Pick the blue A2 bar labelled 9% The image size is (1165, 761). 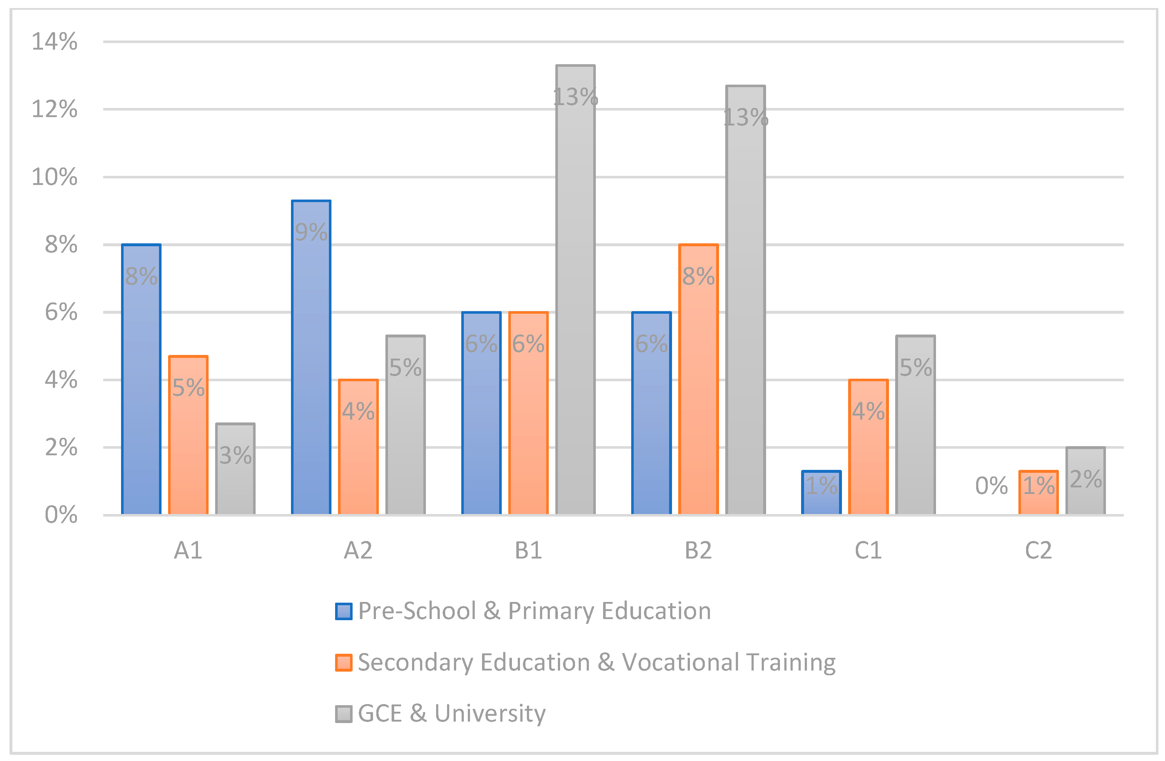[x=311, y=358]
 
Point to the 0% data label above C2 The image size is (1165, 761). [x=991, y=486]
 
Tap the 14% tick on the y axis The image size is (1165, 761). [x=54, y=42]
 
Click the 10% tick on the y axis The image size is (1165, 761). [x=54, y=177]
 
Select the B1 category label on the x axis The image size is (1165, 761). [x=528, y=551]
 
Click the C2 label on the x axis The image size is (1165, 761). [x=1038, y=551]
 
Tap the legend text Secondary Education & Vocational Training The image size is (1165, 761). [x=596, y=663]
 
